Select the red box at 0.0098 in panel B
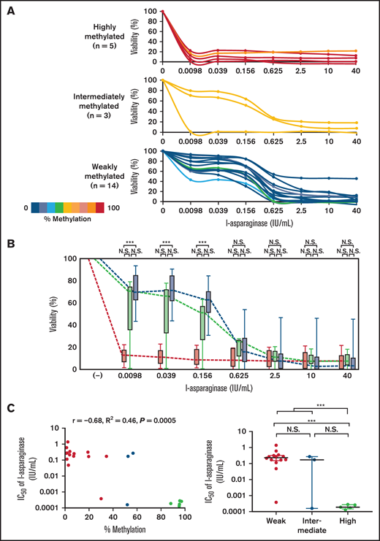pyautogui.click(x=123, y=356)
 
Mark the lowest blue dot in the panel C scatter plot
pyautogui.click(x=128, y=504)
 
